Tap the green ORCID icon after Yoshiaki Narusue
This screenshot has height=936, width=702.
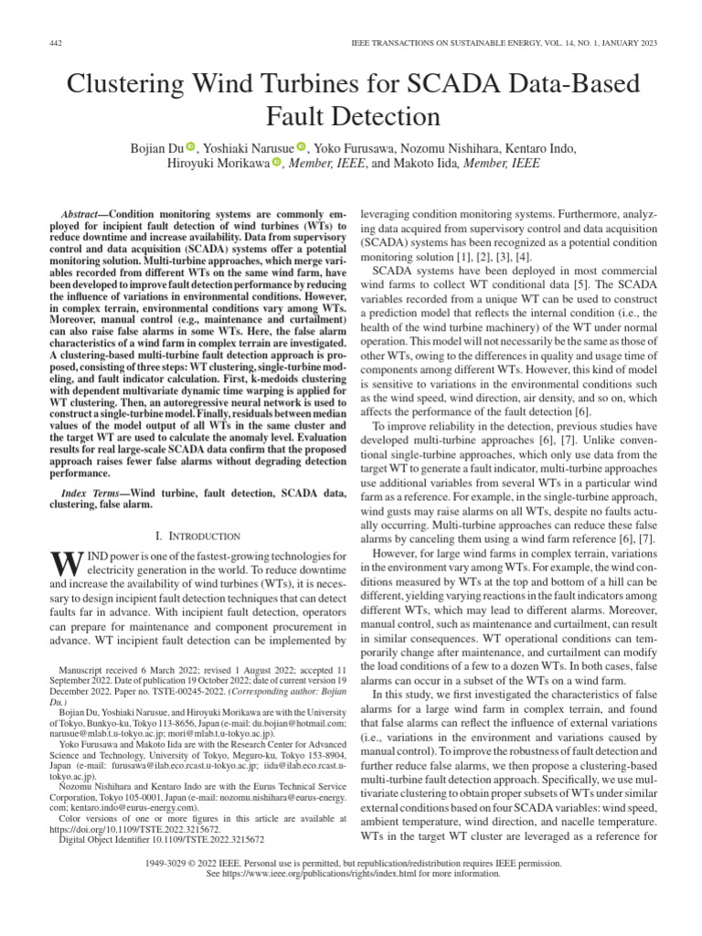click(301, 146)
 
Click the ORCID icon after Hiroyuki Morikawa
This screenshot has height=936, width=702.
click(276, 164)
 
